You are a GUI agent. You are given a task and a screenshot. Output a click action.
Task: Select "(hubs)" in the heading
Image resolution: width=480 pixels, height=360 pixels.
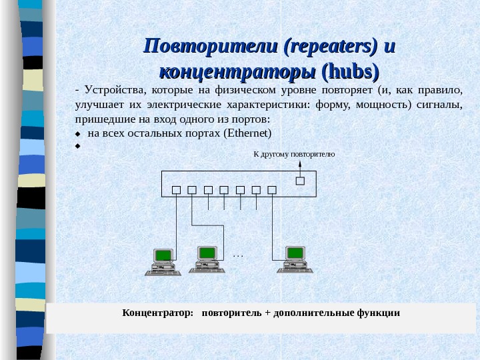pos(350,71)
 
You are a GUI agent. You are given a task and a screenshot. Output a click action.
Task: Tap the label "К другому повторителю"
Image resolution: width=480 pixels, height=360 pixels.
pos(294,154)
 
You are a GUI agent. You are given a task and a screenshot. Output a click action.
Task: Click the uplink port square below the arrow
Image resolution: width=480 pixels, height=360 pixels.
pos(300,180)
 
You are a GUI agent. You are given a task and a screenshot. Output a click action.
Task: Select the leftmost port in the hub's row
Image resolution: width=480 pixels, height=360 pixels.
pos(176,189)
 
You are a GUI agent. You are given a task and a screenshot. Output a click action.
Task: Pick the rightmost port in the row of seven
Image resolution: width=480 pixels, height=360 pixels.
pos(271,189)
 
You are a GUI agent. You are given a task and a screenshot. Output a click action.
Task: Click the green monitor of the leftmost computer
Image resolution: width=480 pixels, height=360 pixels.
pos(162,255)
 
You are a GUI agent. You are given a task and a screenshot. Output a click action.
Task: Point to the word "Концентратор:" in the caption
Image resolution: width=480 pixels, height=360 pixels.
pos(157,312)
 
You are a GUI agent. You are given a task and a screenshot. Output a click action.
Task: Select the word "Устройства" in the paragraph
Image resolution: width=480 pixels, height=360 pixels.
pos(115,91)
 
